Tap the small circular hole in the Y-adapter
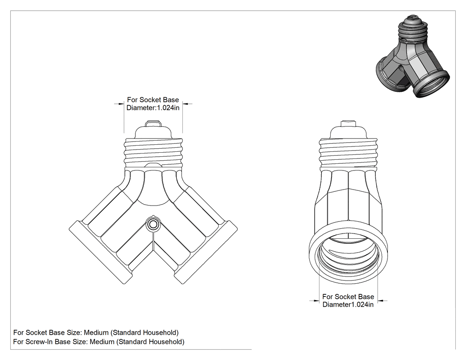pos(153,224)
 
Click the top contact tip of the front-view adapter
pos(153,123)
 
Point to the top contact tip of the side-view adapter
pos(348,123)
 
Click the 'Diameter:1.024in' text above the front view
pos(153,107)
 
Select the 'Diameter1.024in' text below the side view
pos(348,305)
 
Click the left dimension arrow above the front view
pos(119,104)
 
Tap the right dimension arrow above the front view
pos(187,104)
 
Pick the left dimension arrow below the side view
pos(314,301)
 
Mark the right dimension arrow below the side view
pos(383,301)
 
